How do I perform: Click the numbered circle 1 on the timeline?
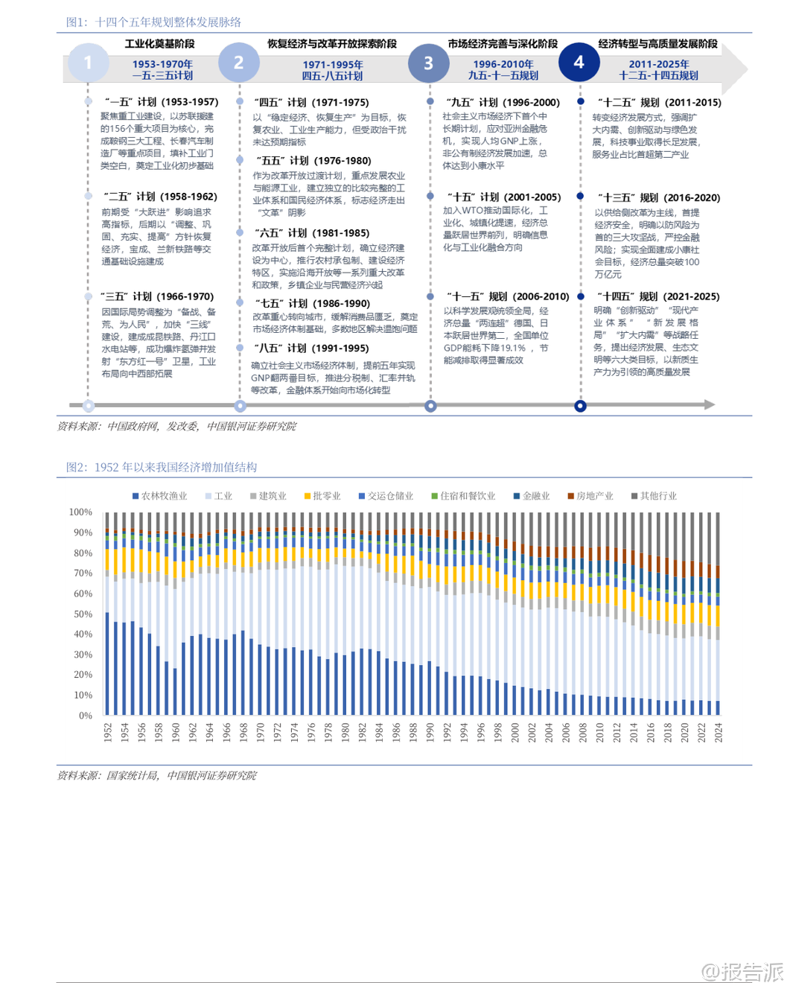(88, 63)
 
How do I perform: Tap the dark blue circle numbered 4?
(579, 63)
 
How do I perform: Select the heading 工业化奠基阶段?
(159, 44)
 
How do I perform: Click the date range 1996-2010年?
(503, 64)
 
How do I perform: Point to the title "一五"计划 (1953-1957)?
(161, 101)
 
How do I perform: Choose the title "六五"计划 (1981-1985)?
(311, 232)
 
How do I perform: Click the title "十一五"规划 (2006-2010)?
(508, 296)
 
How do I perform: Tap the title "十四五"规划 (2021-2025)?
(658, 296)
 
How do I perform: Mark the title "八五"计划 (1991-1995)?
(311, 348)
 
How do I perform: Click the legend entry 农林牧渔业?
(159, 496)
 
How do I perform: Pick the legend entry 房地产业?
(590, 496)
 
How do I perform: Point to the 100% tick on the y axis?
(80, 512)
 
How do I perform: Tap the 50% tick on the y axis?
(82, 614)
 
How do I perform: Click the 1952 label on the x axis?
(108, 732)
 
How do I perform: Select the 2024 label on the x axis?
(719, 732)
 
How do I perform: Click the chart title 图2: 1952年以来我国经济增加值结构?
(162, 467)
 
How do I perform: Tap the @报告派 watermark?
(742, 971)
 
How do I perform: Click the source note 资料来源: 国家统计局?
(156, 775)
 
